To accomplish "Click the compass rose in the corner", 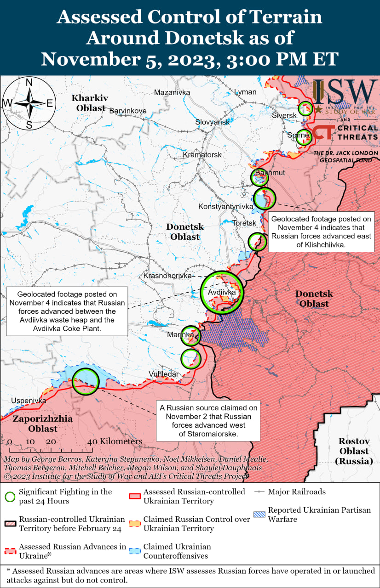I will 29,103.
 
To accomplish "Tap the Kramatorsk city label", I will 202,155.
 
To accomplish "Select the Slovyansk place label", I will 212,122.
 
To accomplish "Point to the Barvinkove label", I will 127,111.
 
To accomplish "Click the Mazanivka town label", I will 172,92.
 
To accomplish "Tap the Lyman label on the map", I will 245,92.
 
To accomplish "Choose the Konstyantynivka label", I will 225,207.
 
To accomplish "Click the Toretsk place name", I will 244,223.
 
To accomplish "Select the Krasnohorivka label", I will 167,276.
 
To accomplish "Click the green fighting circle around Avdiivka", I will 222,292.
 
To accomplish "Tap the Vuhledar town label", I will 163,374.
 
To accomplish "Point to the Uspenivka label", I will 29,401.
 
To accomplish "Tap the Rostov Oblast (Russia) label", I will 354,451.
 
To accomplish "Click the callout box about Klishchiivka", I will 322,232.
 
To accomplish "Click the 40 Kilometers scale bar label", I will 115,441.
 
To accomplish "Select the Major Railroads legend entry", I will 297,492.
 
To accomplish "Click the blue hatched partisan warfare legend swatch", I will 260,511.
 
